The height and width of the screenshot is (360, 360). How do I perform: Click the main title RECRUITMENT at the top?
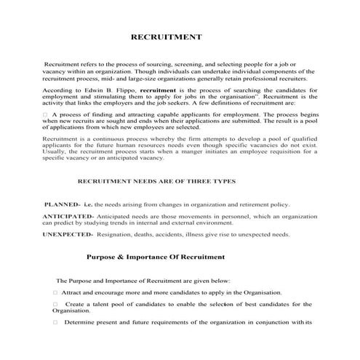coord(165,36)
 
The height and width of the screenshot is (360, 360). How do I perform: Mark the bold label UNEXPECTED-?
coord(68,235)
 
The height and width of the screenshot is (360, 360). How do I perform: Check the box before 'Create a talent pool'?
coord(55,304)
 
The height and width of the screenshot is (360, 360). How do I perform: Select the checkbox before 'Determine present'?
coord(55,322)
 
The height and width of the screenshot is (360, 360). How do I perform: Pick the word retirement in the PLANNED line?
coord(250,206)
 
